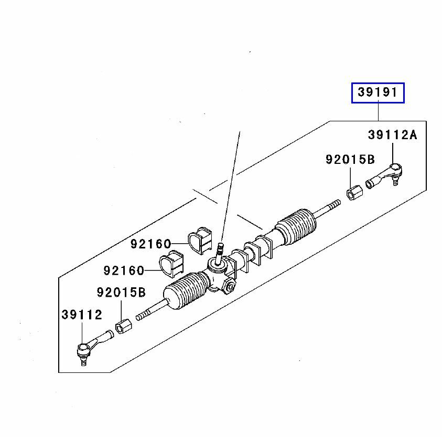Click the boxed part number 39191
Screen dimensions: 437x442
pyautogui.click(x=378, y=93)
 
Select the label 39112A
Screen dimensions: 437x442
pyautogui.click(x=392, y=135)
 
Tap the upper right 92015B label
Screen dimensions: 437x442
pyautogui.click(x=350, y=159)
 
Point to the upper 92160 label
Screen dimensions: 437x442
pyautogui.click(x=151, y=244)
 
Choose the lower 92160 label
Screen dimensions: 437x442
pyautogui.click(x=124, y=270)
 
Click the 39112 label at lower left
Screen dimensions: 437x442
pyautogui.click(x=82, y=315)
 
